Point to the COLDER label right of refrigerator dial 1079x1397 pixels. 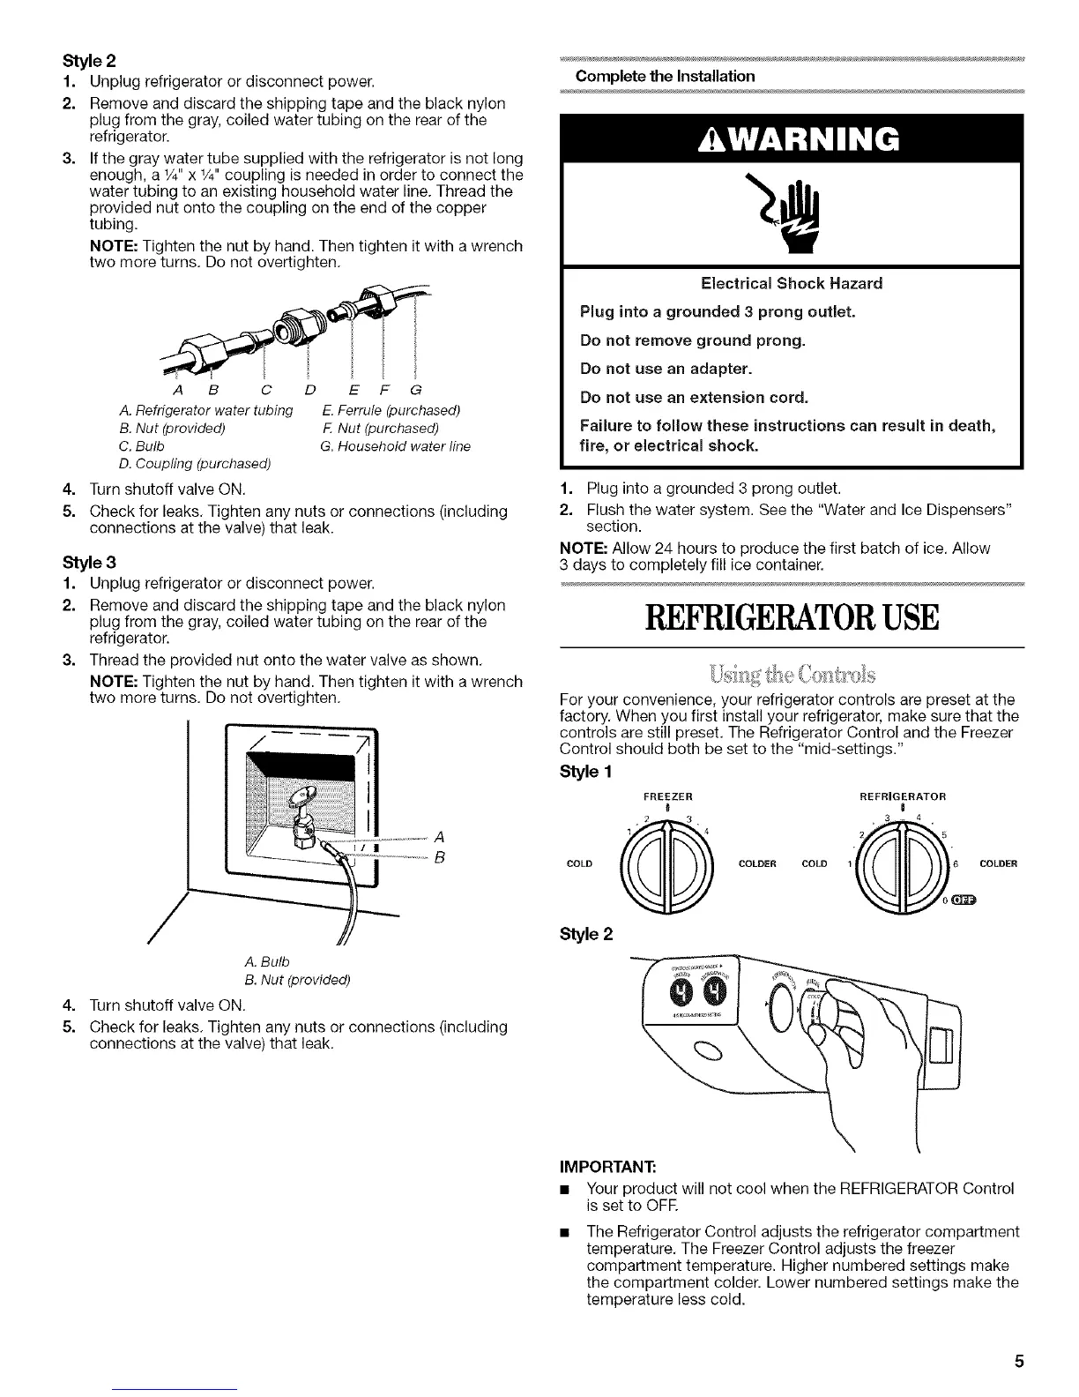pyautogui.click(x=998, y=863)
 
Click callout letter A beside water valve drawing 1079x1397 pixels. pyautogui.click(x=438, y=837)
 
